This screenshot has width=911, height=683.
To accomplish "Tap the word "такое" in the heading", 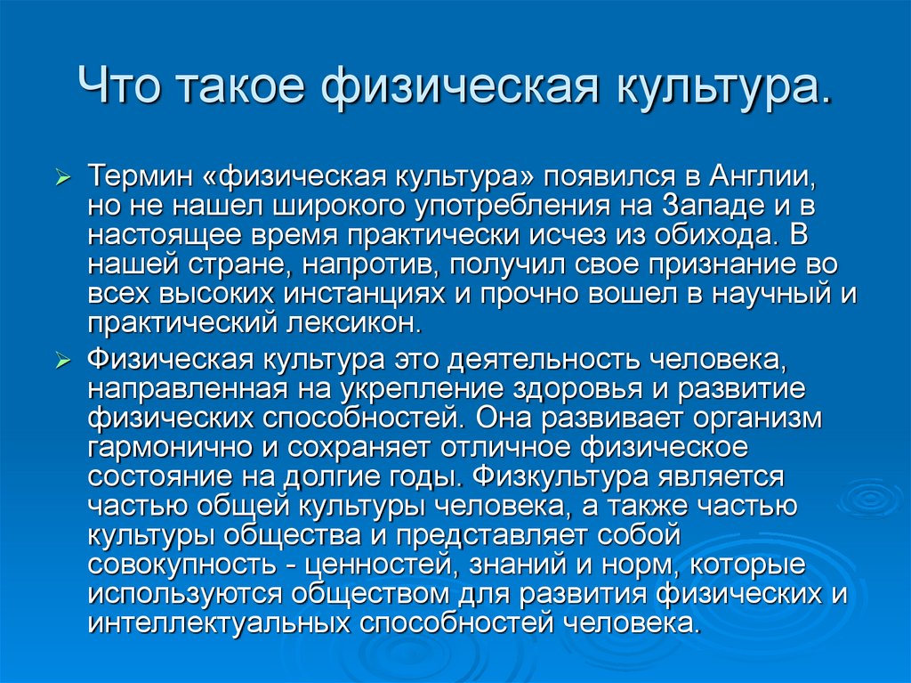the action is click(239, 86).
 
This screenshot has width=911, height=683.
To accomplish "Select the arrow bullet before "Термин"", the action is click(62, 176).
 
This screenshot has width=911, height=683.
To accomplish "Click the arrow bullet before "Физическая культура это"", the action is click(62, 361).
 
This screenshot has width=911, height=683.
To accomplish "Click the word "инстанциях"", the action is click(364, 294).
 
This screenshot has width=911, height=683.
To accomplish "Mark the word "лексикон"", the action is click(352, 323).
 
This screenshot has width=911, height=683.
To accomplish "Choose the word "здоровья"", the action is click(577, 390).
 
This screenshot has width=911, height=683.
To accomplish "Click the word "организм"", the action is click(757, 419).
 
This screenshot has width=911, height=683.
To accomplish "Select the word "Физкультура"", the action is click(560, 477).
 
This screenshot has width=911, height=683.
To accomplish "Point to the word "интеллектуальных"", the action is click(219, 623).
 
